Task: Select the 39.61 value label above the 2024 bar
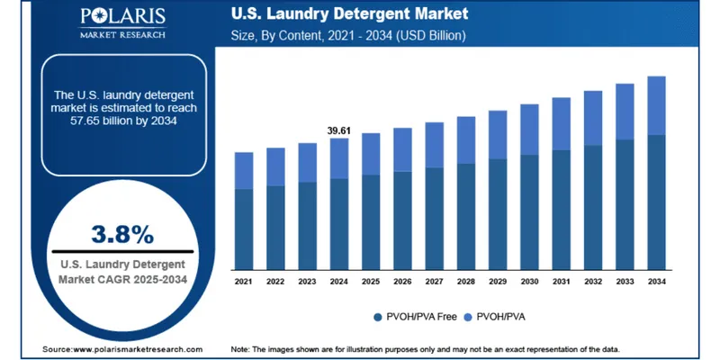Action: point(339,131)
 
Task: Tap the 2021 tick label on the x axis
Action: point(243,282)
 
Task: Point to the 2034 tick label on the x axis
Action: point(656,282)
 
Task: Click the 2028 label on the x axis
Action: point(465,282)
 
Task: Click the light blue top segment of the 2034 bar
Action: point(656,105)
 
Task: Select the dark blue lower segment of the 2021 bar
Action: point(243,229)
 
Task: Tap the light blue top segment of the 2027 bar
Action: point(434,145)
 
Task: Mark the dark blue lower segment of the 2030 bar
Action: point(529,211)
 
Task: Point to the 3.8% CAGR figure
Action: point(122,234)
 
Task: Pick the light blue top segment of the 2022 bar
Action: point(275,166)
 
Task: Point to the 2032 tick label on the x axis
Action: point(592,282)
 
